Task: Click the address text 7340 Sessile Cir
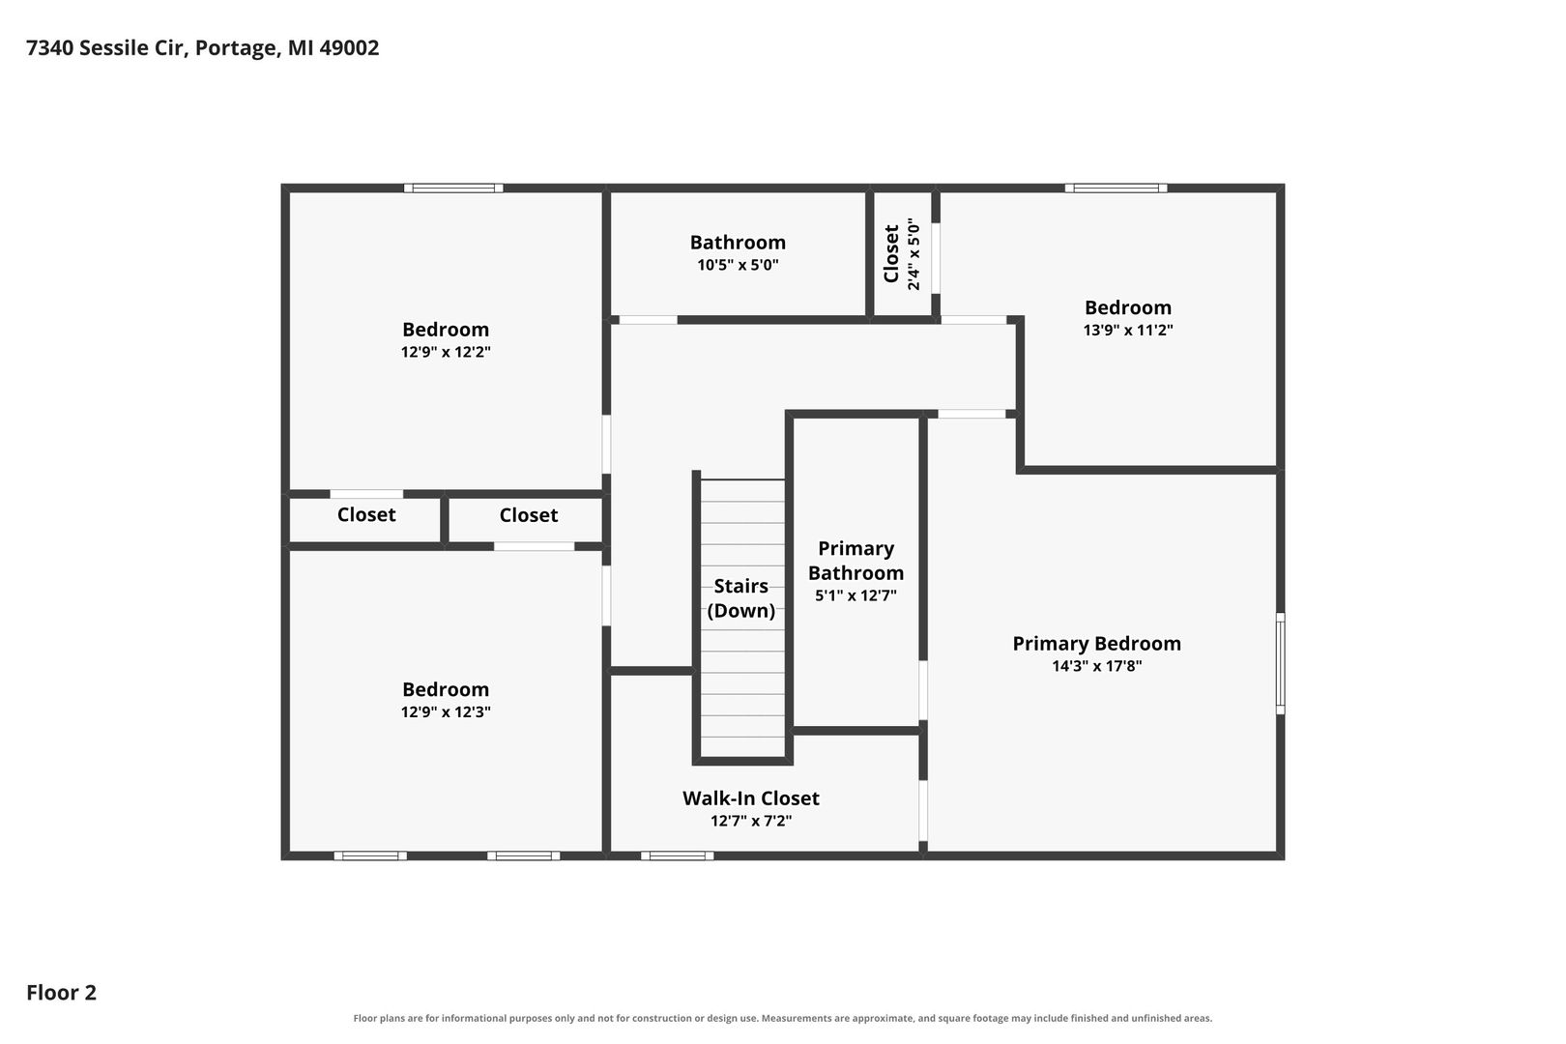[x=107, y=48]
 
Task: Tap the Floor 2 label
[x=62, y=992]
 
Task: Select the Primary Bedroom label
[x=1096, y=644]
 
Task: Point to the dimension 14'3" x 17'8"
[x=1096, y=666]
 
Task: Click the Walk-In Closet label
[x=751, y=797]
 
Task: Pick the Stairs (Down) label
[x=741, y=597]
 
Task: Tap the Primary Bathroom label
[x=855, y=561]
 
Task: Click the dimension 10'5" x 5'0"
[x=738, y=265]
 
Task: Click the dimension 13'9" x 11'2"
[x=1128, y=330]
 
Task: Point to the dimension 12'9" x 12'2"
[x=446, y=352]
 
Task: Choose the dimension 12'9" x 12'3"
[x=446, y=711]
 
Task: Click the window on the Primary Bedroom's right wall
[x=1280, y=663]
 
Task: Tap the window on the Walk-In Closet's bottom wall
[x=677, y=855]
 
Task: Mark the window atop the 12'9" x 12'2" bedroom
[x=453, y=188]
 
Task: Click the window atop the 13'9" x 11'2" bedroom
[x=1116, y=188]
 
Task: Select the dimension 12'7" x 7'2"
[x=751, y=821]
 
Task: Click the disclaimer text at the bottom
[x=782, y=1018]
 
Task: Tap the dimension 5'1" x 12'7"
[x=855, y=595]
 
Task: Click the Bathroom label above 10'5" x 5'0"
[x=738, y=243]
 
